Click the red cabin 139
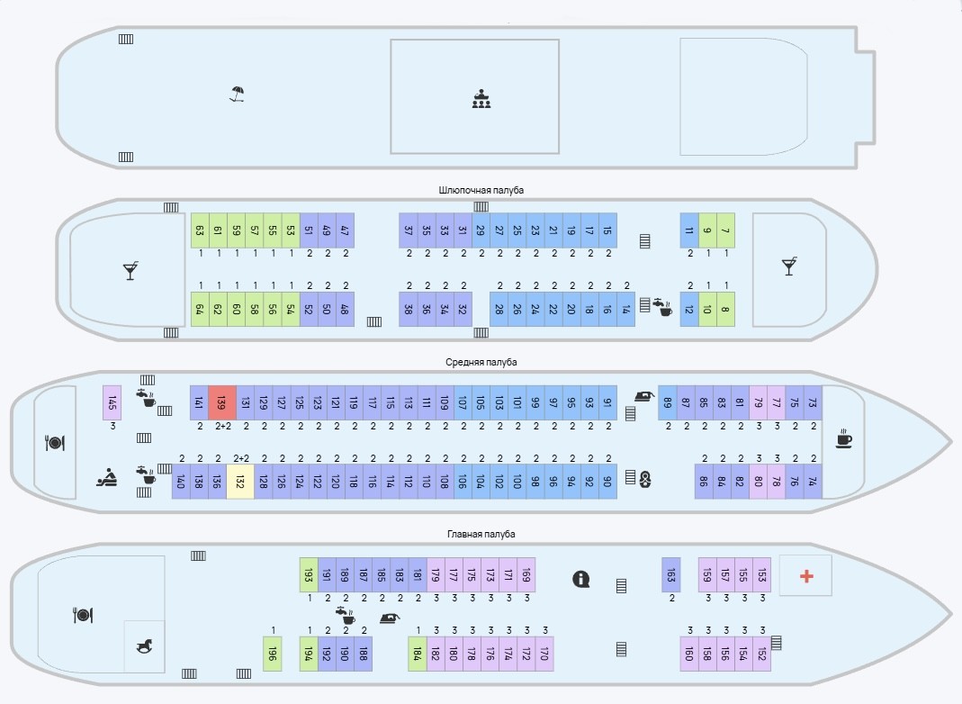pos(221,402)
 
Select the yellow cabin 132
pos(239,481)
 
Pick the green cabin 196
pos(273,654)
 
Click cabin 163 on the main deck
pos(670,574)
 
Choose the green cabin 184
pos(417,654)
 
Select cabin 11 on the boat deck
pos(689,230)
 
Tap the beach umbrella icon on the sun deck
pos(237,94)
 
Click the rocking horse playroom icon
pos(144,645)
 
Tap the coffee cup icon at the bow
pos(843,440)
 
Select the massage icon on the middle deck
pos(106,478)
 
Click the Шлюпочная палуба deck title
pos(481,190)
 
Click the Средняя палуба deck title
pos(481,362)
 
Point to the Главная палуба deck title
pos(481,534)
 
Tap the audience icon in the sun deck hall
pos(481,99)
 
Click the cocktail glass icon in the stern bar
pos(130,270)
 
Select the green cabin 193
pos(308,574)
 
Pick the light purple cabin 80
pos(758,481)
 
